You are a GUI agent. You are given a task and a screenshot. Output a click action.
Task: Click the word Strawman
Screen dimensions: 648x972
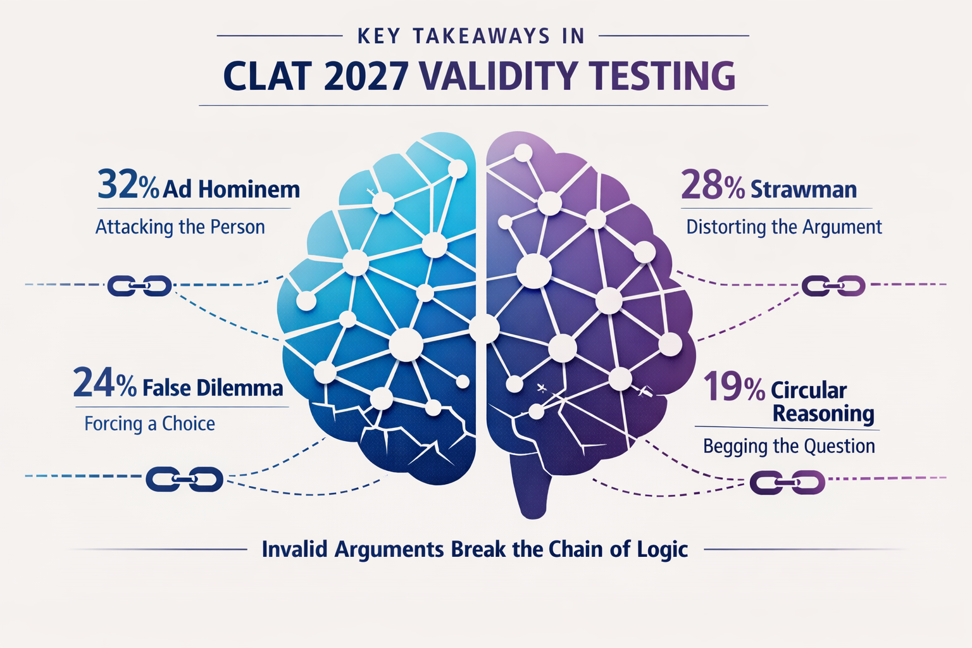(803, 189)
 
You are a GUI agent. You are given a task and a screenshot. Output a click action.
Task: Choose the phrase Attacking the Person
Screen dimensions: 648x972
(180, 227)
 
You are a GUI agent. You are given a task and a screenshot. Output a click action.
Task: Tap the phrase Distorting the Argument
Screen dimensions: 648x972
(783, 227)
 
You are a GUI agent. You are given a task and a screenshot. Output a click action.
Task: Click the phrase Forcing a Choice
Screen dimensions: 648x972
(149, 423)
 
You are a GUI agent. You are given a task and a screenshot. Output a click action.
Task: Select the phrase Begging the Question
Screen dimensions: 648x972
(788, 446)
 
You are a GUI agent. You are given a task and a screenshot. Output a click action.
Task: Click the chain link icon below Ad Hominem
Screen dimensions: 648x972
(139, 286)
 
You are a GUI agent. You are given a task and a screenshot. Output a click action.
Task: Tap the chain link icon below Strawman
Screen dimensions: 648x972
(833, 286)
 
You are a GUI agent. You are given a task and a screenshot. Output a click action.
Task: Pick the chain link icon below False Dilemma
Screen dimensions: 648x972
(184, 479)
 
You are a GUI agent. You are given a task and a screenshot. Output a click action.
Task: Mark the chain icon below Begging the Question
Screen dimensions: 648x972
(787, 483)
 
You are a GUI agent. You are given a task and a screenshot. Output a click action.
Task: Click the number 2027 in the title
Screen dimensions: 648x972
(364, 77)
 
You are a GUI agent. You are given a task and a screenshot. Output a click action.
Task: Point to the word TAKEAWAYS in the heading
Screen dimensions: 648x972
(482, 36)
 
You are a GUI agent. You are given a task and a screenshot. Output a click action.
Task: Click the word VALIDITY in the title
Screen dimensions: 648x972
(499, 77)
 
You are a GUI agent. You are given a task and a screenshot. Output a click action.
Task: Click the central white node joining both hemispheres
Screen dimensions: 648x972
(484, 328)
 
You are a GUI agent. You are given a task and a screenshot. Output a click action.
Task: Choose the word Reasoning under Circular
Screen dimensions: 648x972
(823, 414)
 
